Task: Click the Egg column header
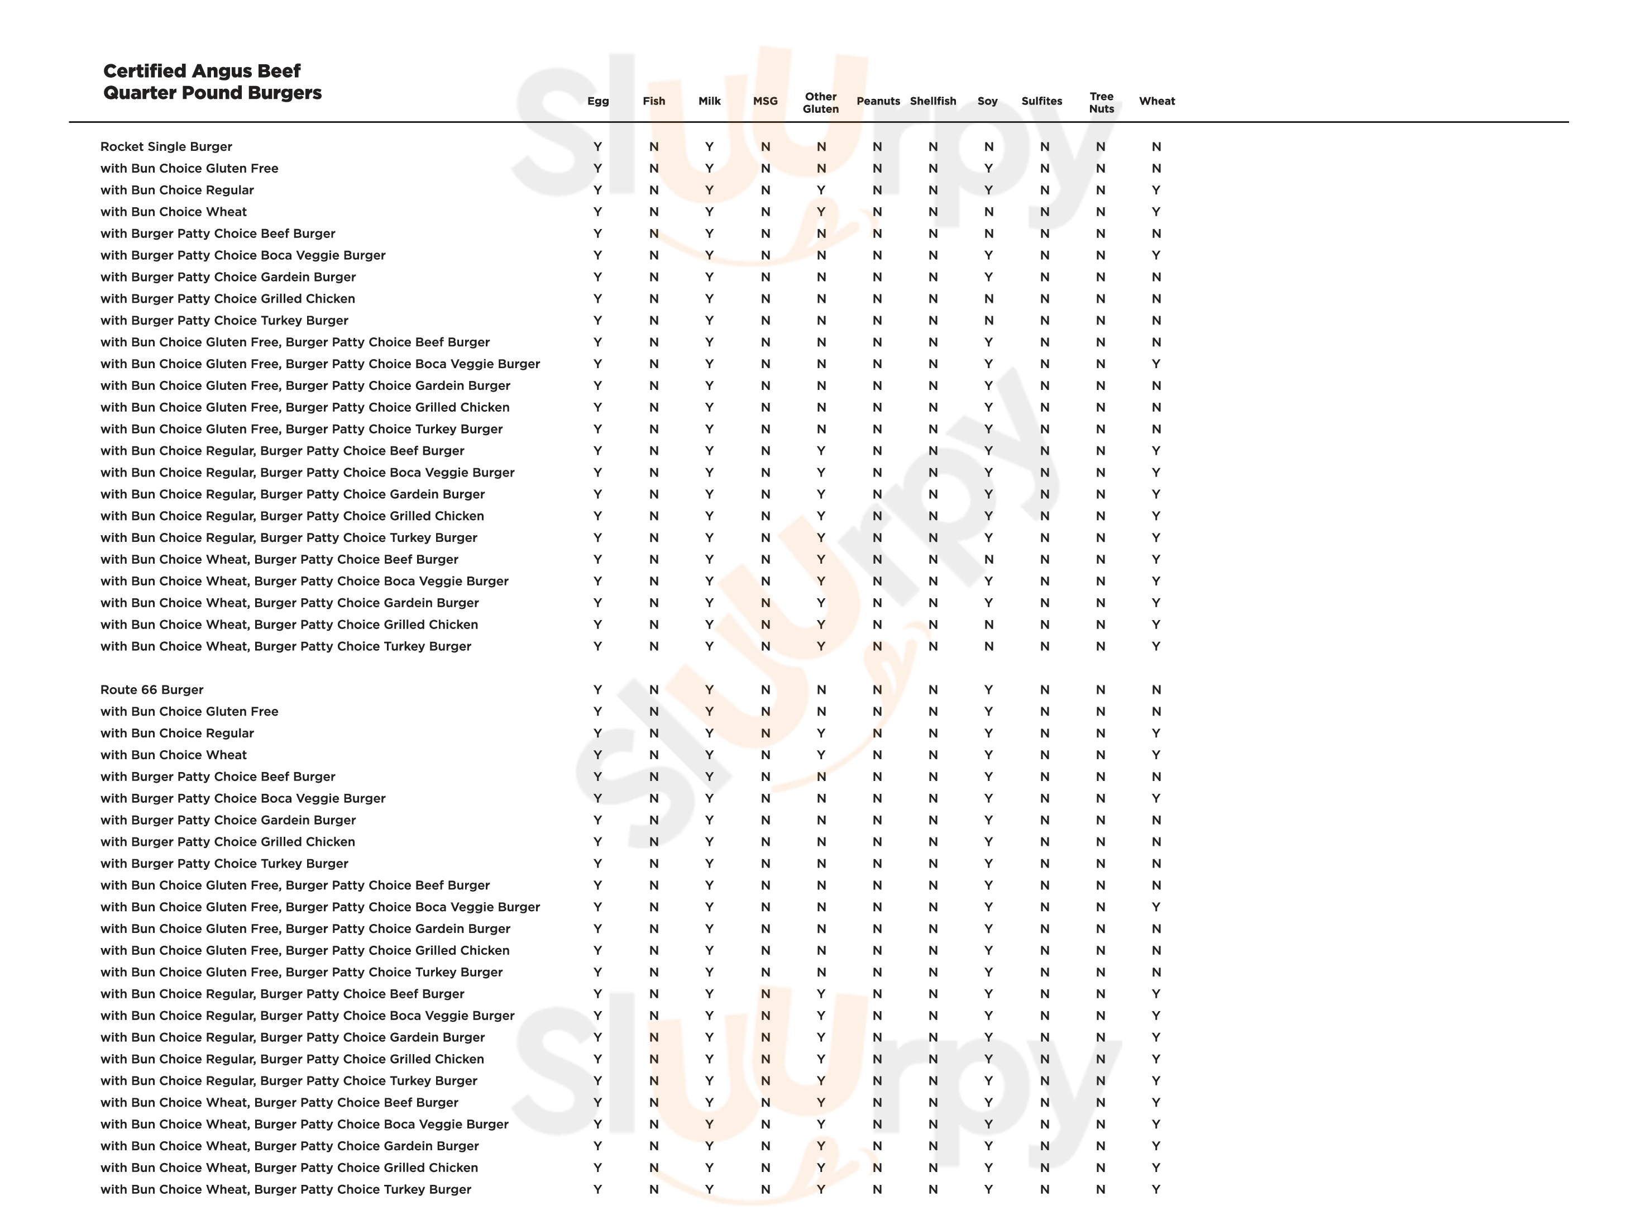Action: (x=598, y=101)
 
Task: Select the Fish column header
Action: (x=653, y=101)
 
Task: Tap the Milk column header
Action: (x=709, y=101)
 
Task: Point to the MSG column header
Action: (x=766, y=101)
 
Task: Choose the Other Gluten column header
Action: (x=821, y=103)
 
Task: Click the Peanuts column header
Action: (x=878, y=101)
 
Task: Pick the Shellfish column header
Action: (x=932, y=101)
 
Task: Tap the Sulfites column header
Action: (x=1042, y=101)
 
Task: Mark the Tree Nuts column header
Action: (x=1102, y=103)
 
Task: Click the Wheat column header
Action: (x=1157, y=101)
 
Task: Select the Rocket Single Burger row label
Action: (x=166, y=147)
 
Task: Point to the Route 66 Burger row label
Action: (x=152, y=690)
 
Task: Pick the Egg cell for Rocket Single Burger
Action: (x=598, y=147)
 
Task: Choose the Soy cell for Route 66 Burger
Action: (x=988, y=690)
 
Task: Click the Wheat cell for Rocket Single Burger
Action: (x=1156, y=147)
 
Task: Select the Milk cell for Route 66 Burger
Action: (x=709, y=690)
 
